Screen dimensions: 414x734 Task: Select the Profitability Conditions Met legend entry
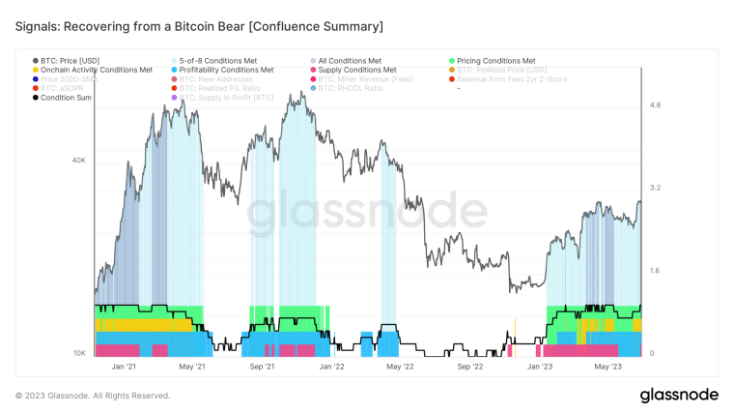click(226, 70)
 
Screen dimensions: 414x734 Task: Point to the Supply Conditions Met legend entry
click(356, 70)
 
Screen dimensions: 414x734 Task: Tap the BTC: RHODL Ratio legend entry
click(350, 88)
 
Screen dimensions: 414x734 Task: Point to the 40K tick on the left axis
click(80, 160)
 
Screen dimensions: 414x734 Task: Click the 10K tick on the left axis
click(80, 353)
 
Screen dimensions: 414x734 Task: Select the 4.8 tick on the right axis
click(654, 104)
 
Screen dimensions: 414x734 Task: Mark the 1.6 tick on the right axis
click(654, 271)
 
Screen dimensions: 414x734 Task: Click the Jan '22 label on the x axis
click(331, 367)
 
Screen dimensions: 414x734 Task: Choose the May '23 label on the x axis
click(607, 367)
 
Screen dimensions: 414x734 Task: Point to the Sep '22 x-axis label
click(469, 367)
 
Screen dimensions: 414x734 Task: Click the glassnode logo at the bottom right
click(679, 395)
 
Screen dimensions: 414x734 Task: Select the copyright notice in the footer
click(93, 396)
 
